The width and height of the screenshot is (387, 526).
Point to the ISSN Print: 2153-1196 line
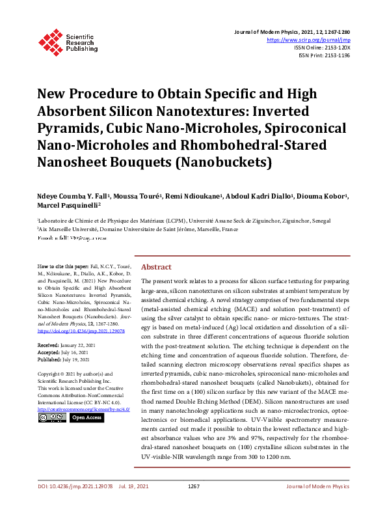click(323, 56)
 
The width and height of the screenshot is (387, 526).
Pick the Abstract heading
click(156, 267)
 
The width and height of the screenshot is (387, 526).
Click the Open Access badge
click(86, 417)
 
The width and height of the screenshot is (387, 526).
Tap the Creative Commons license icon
click(52, 417)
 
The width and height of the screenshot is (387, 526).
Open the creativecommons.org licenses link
click(84, 409)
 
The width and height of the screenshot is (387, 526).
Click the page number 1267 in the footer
click(193, 504)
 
